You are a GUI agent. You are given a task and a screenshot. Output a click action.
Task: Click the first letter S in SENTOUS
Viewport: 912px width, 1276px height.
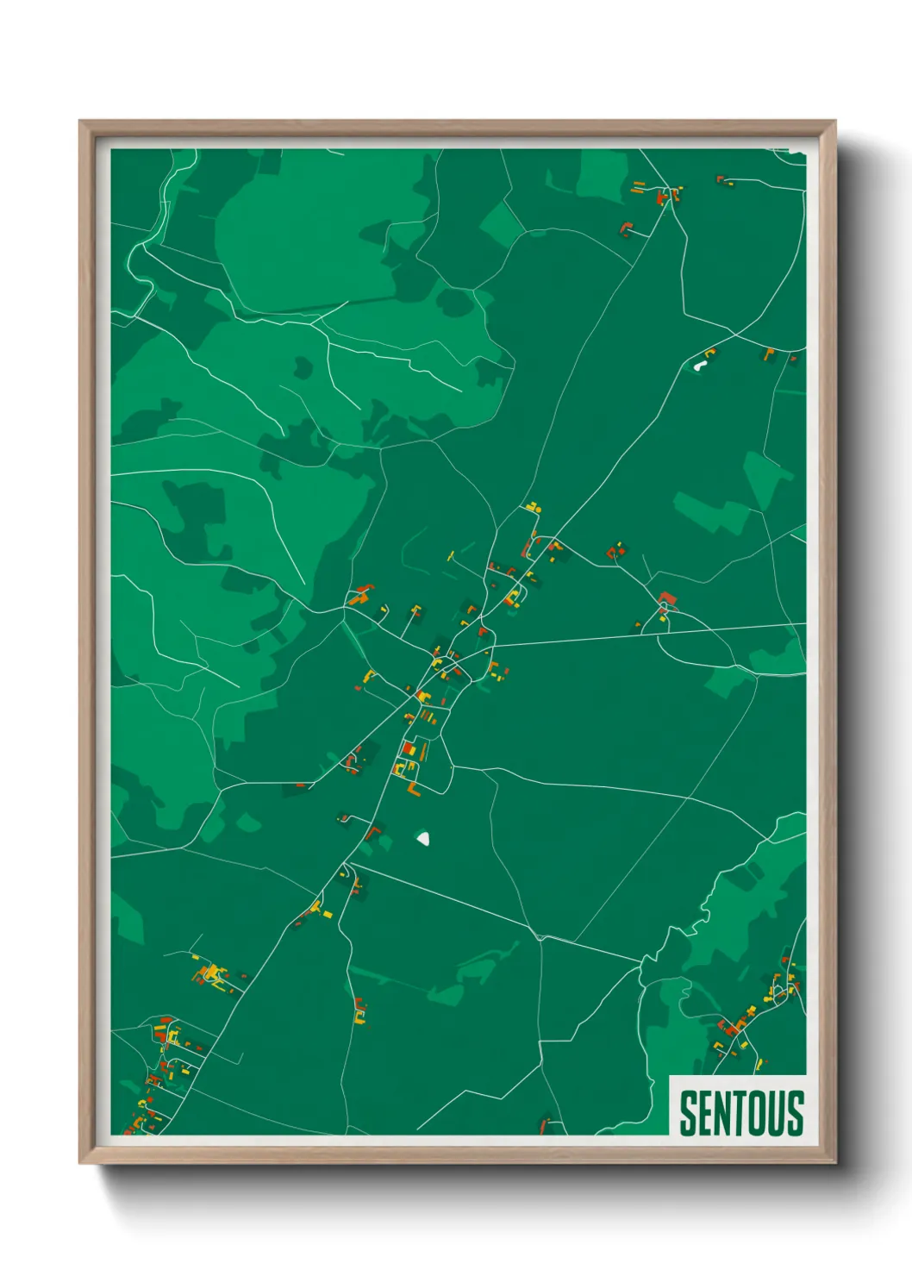(x=688, y=1113)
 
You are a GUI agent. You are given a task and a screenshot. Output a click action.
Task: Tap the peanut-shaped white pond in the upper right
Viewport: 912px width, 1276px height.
(x=699, y=366)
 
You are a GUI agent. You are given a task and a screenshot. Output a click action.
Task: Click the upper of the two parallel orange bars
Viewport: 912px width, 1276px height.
(x=639, y=183)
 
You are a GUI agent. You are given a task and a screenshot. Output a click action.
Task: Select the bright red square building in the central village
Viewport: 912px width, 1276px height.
(x=409, y=748)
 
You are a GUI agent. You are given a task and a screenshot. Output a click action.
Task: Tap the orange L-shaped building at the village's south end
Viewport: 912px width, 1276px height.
(x=413, y=789)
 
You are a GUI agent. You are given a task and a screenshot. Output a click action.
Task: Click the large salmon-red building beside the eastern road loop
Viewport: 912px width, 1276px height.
(x=665, y=598)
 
